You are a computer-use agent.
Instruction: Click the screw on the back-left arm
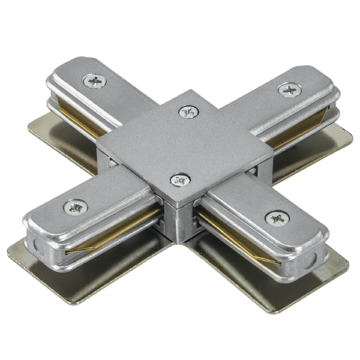coord(94,80)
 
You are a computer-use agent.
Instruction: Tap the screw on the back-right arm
coord(290,90)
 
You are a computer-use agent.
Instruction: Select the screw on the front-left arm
coord(76,206)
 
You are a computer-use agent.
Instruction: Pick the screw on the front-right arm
coord(277,218)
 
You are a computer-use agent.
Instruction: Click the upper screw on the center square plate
coord(188,111)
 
